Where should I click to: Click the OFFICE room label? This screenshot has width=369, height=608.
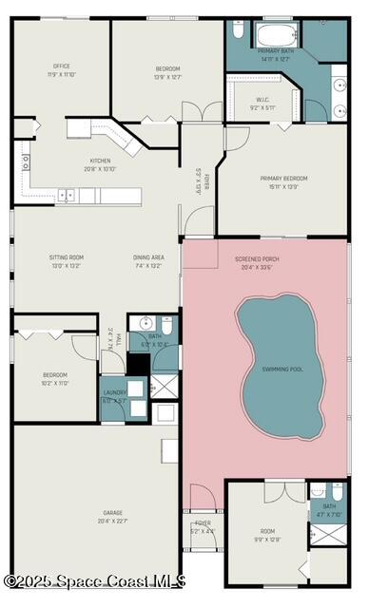tap(62, 66)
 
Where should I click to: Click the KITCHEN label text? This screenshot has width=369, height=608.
tap(100, 161)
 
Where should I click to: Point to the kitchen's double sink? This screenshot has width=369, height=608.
tap(68, 195)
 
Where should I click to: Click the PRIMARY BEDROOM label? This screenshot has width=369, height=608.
tap(283, 178)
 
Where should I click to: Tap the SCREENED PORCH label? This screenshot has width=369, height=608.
tap(258, 258)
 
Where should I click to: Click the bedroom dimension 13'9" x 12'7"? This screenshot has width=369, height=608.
tap(167, 76)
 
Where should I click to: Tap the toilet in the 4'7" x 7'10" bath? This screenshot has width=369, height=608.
tap(335, 493)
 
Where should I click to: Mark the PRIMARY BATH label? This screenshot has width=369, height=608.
tap(275, 51)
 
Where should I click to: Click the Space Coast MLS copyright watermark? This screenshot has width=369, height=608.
tap(95, 580)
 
